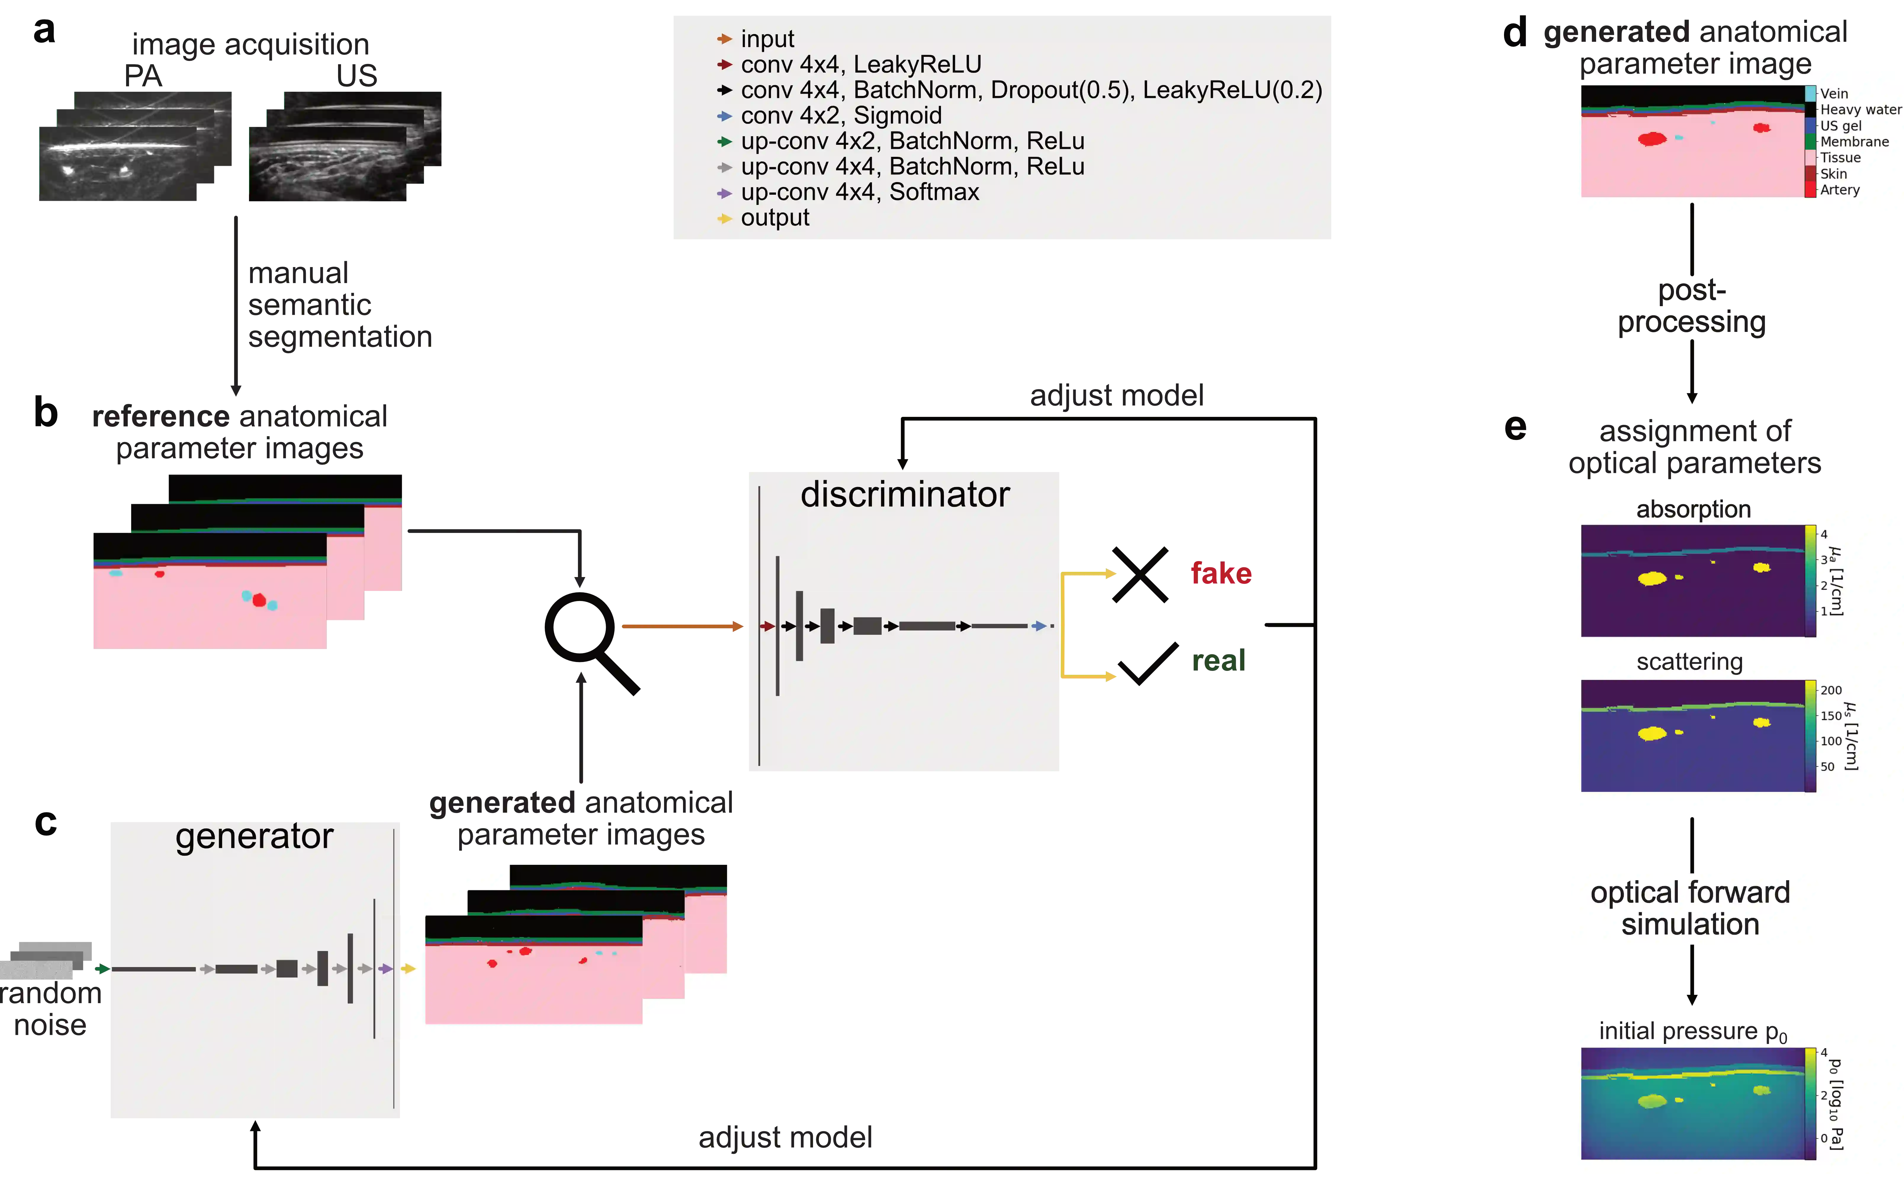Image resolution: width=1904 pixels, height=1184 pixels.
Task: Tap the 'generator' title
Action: click(254, 836)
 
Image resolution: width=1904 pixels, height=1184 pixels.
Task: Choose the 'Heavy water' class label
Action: click(1859, 110)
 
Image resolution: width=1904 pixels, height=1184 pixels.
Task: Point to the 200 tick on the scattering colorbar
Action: click(1830, 690)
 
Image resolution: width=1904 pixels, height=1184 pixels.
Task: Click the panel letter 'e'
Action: click(1515, 428)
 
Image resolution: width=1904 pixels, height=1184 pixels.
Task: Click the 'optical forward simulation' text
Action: click(1690, 908)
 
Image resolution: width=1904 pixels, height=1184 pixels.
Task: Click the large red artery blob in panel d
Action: click(1652, 139)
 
